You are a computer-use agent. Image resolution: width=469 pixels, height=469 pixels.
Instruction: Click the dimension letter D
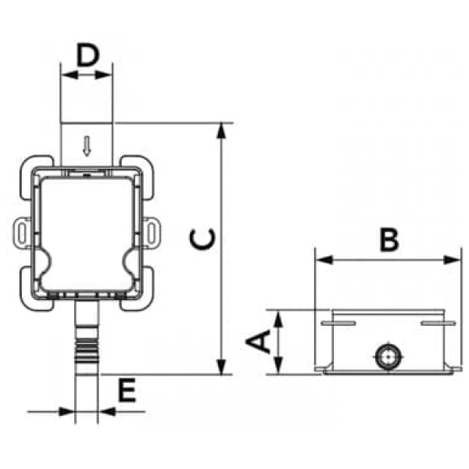point(88,55)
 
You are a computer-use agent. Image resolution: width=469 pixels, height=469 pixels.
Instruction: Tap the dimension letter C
point(202,239)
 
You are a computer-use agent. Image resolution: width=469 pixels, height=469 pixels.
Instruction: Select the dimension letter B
point(389,240)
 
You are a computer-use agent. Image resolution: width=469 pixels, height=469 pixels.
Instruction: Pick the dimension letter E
point(127,390)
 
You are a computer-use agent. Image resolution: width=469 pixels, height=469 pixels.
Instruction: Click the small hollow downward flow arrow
point(87,146)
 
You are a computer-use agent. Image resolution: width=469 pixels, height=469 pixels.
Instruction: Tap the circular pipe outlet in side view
point(388,357)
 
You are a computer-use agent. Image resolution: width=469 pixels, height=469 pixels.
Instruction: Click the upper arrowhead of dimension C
point(221,130)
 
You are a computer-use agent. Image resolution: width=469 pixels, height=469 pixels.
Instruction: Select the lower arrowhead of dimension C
point(221,367)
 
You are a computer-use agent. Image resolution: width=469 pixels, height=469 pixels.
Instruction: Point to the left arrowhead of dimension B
point(324,260)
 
